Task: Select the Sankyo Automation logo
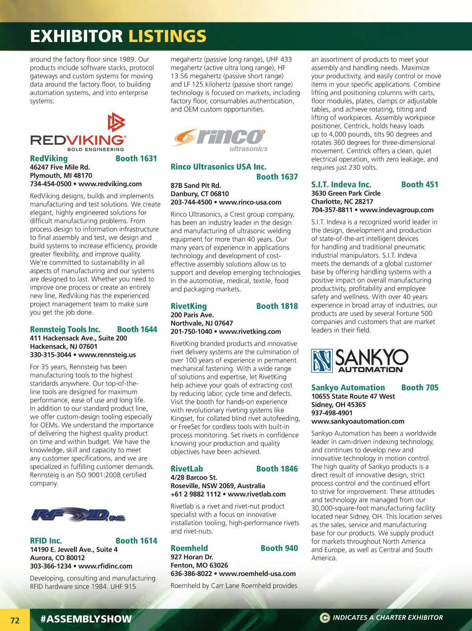click(360, 361)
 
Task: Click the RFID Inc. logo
click(78, 514)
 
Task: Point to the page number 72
click(15, 620)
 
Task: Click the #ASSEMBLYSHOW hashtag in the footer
click(86, 619)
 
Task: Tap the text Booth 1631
click(136, 159)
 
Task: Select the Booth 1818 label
click(277, 306)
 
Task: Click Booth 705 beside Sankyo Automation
click(420, 388)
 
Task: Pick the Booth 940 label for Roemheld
click(279, 548)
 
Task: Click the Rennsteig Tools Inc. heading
click(65, 329)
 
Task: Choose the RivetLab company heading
click(187, 469)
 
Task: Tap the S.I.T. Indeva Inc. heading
click(341, 185)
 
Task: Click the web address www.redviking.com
click(110, 184)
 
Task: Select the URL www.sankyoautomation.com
click(358, 421)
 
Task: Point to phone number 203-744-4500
click(191, 202)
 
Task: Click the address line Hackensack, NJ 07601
click(64, 346)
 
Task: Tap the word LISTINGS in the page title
click(167, 36)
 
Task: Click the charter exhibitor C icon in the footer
click(324, 618)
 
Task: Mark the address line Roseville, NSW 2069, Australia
click(218, 486)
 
